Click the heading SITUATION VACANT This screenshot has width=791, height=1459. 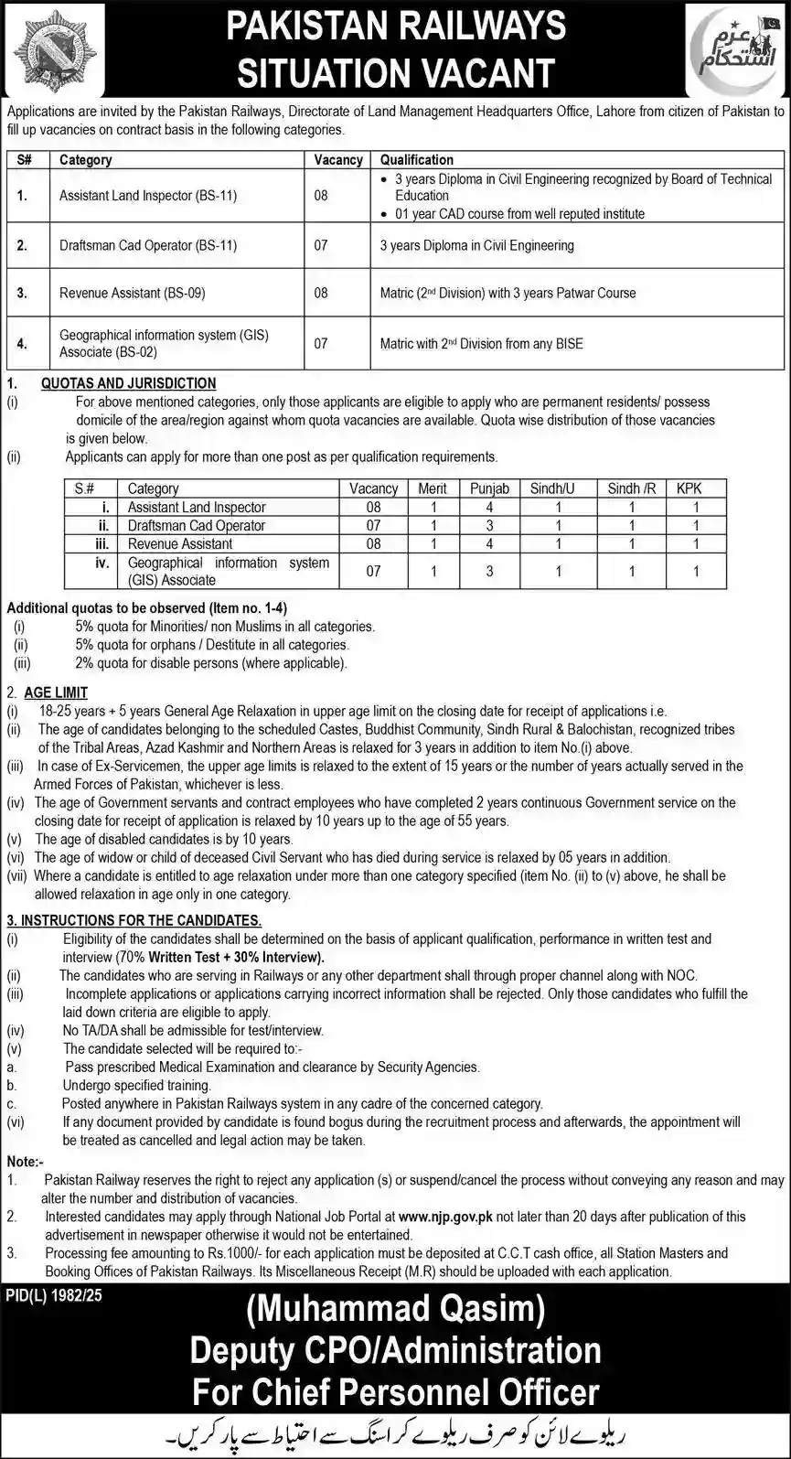pos(396,72)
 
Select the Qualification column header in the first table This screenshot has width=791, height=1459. pos(416,159)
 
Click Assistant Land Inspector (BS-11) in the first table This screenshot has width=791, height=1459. pos(148,196)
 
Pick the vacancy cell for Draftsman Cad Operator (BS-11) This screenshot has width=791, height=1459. pos(321,246)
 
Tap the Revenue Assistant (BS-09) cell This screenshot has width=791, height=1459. pos(132,294)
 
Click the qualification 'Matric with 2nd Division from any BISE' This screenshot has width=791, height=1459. pos(481,344)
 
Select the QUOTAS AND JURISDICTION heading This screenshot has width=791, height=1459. pos(128,383)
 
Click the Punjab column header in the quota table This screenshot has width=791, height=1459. pos(489,488)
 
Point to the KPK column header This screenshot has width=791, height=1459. pos(689,488)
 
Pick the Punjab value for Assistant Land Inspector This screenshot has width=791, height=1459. pos(489,508)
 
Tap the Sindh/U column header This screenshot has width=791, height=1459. pos(552,488)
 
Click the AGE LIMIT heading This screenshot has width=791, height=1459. pos(56,692)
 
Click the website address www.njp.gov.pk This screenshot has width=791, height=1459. pos(445,1217)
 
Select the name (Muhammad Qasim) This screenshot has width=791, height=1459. pos(395,1310)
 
